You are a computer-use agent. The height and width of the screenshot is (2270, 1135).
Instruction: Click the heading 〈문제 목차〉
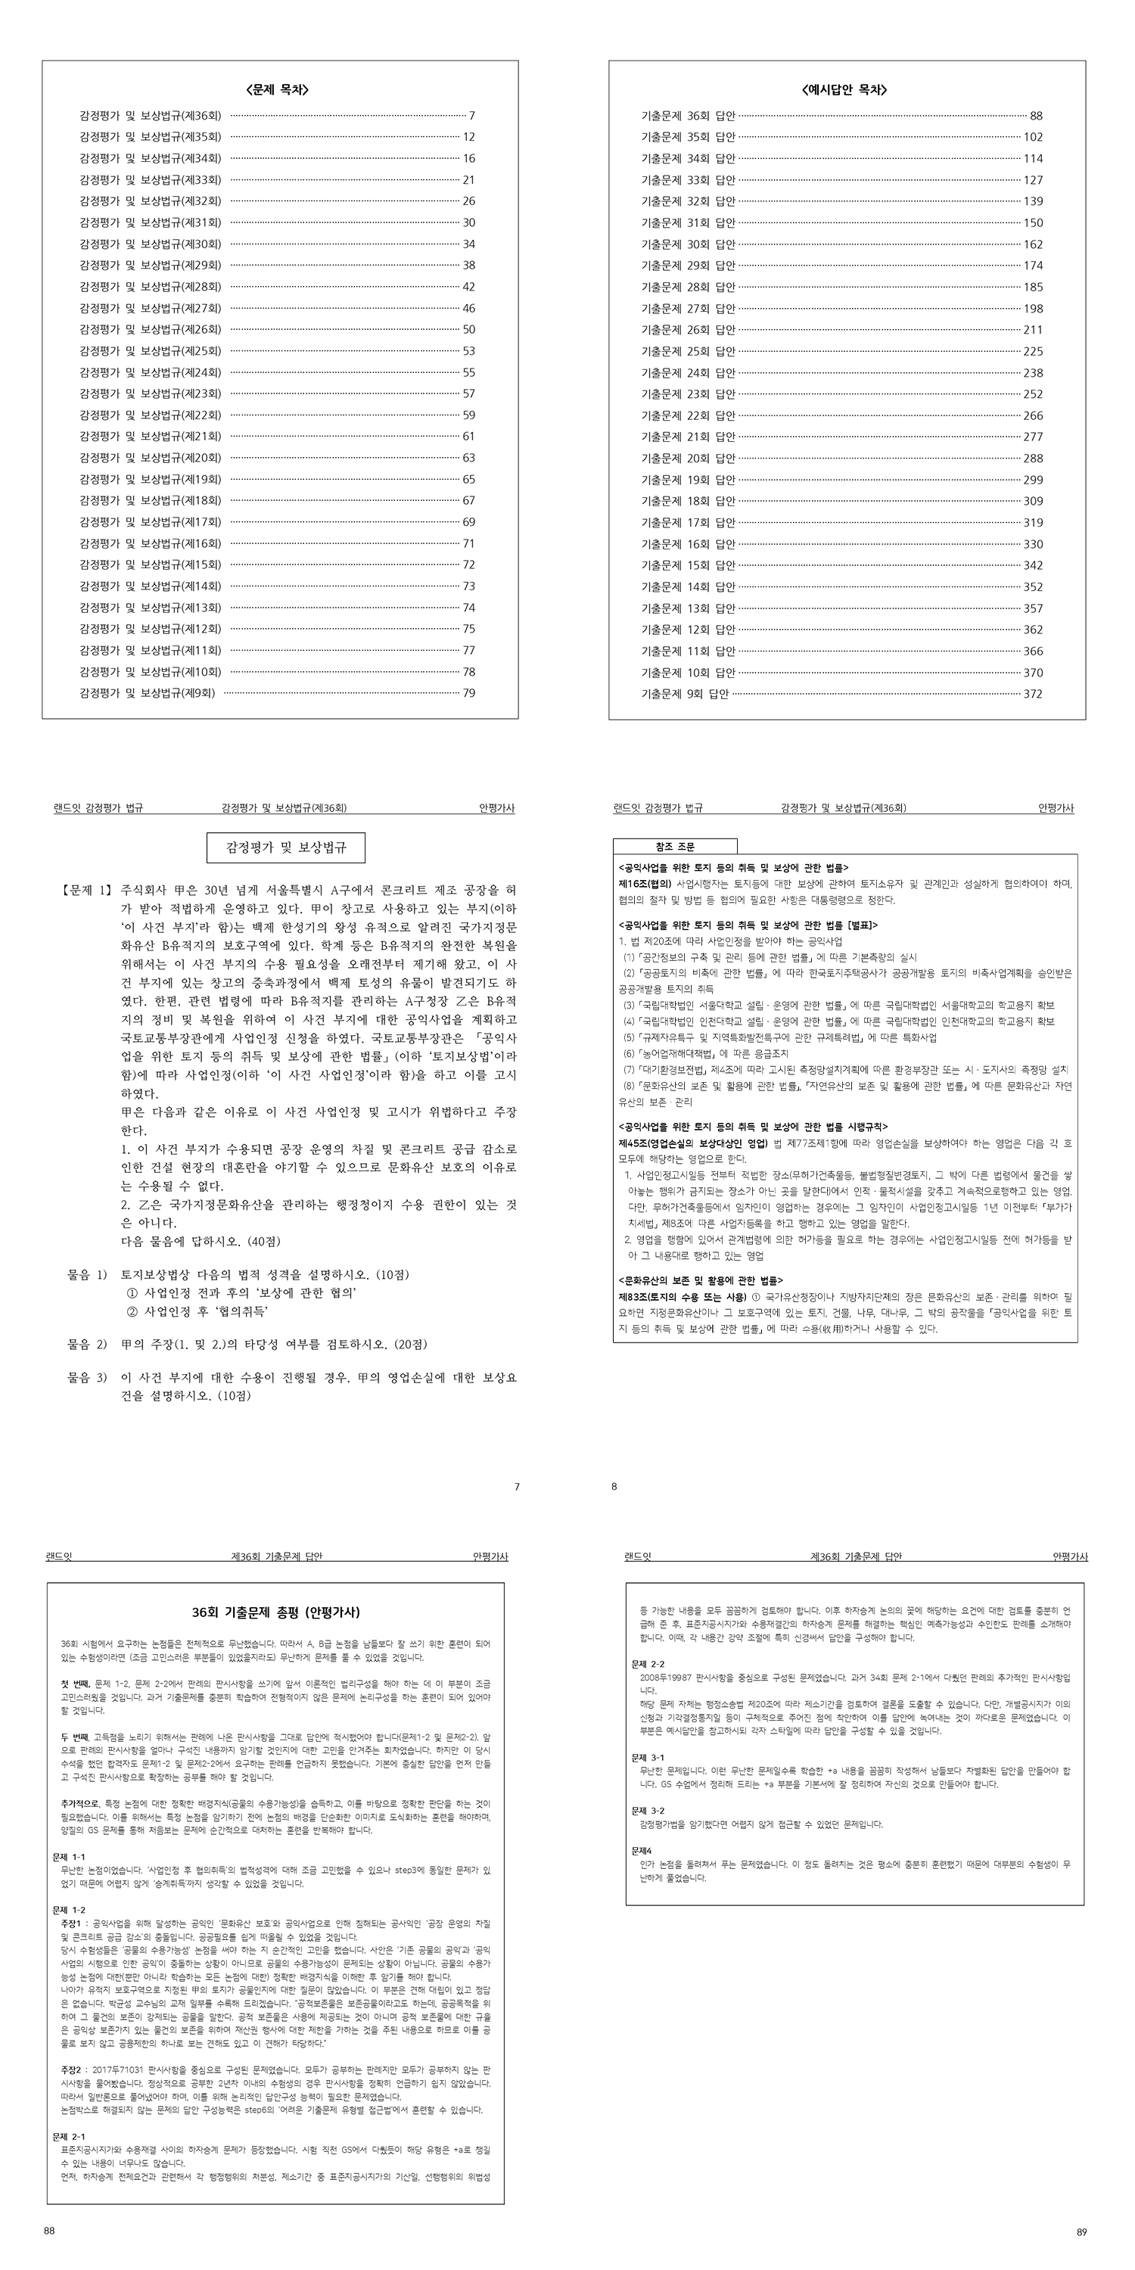[279, 90]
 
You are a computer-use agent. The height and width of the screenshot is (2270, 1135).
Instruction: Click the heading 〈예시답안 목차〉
[845, 90]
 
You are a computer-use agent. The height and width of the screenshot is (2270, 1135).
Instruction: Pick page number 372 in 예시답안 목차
[1033, 695]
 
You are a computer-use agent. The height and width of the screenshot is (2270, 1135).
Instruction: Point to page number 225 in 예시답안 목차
[1033, 352]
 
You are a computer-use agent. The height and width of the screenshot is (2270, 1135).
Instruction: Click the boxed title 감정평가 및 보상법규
[285, 847]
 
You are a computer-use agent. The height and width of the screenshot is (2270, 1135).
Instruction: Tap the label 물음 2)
[87, 1344]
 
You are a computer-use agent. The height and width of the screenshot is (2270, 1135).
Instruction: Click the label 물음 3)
[87, 1377]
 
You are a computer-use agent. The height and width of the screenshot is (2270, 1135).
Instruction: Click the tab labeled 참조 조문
[675, 847]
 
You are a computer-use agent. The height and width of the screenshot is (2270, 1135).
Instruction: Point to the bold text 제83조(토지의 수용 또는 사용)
[683, 1297]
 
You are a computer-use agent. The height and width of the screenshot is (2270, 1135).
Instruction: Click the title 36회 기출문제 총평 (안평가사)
[276, 1612]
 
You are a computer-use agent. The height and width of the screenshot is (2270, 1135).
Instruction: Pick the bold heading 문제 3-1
[648, 1757]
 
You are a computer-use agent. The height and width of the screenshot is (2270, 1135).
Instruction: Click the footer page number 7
[518, 1487]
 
